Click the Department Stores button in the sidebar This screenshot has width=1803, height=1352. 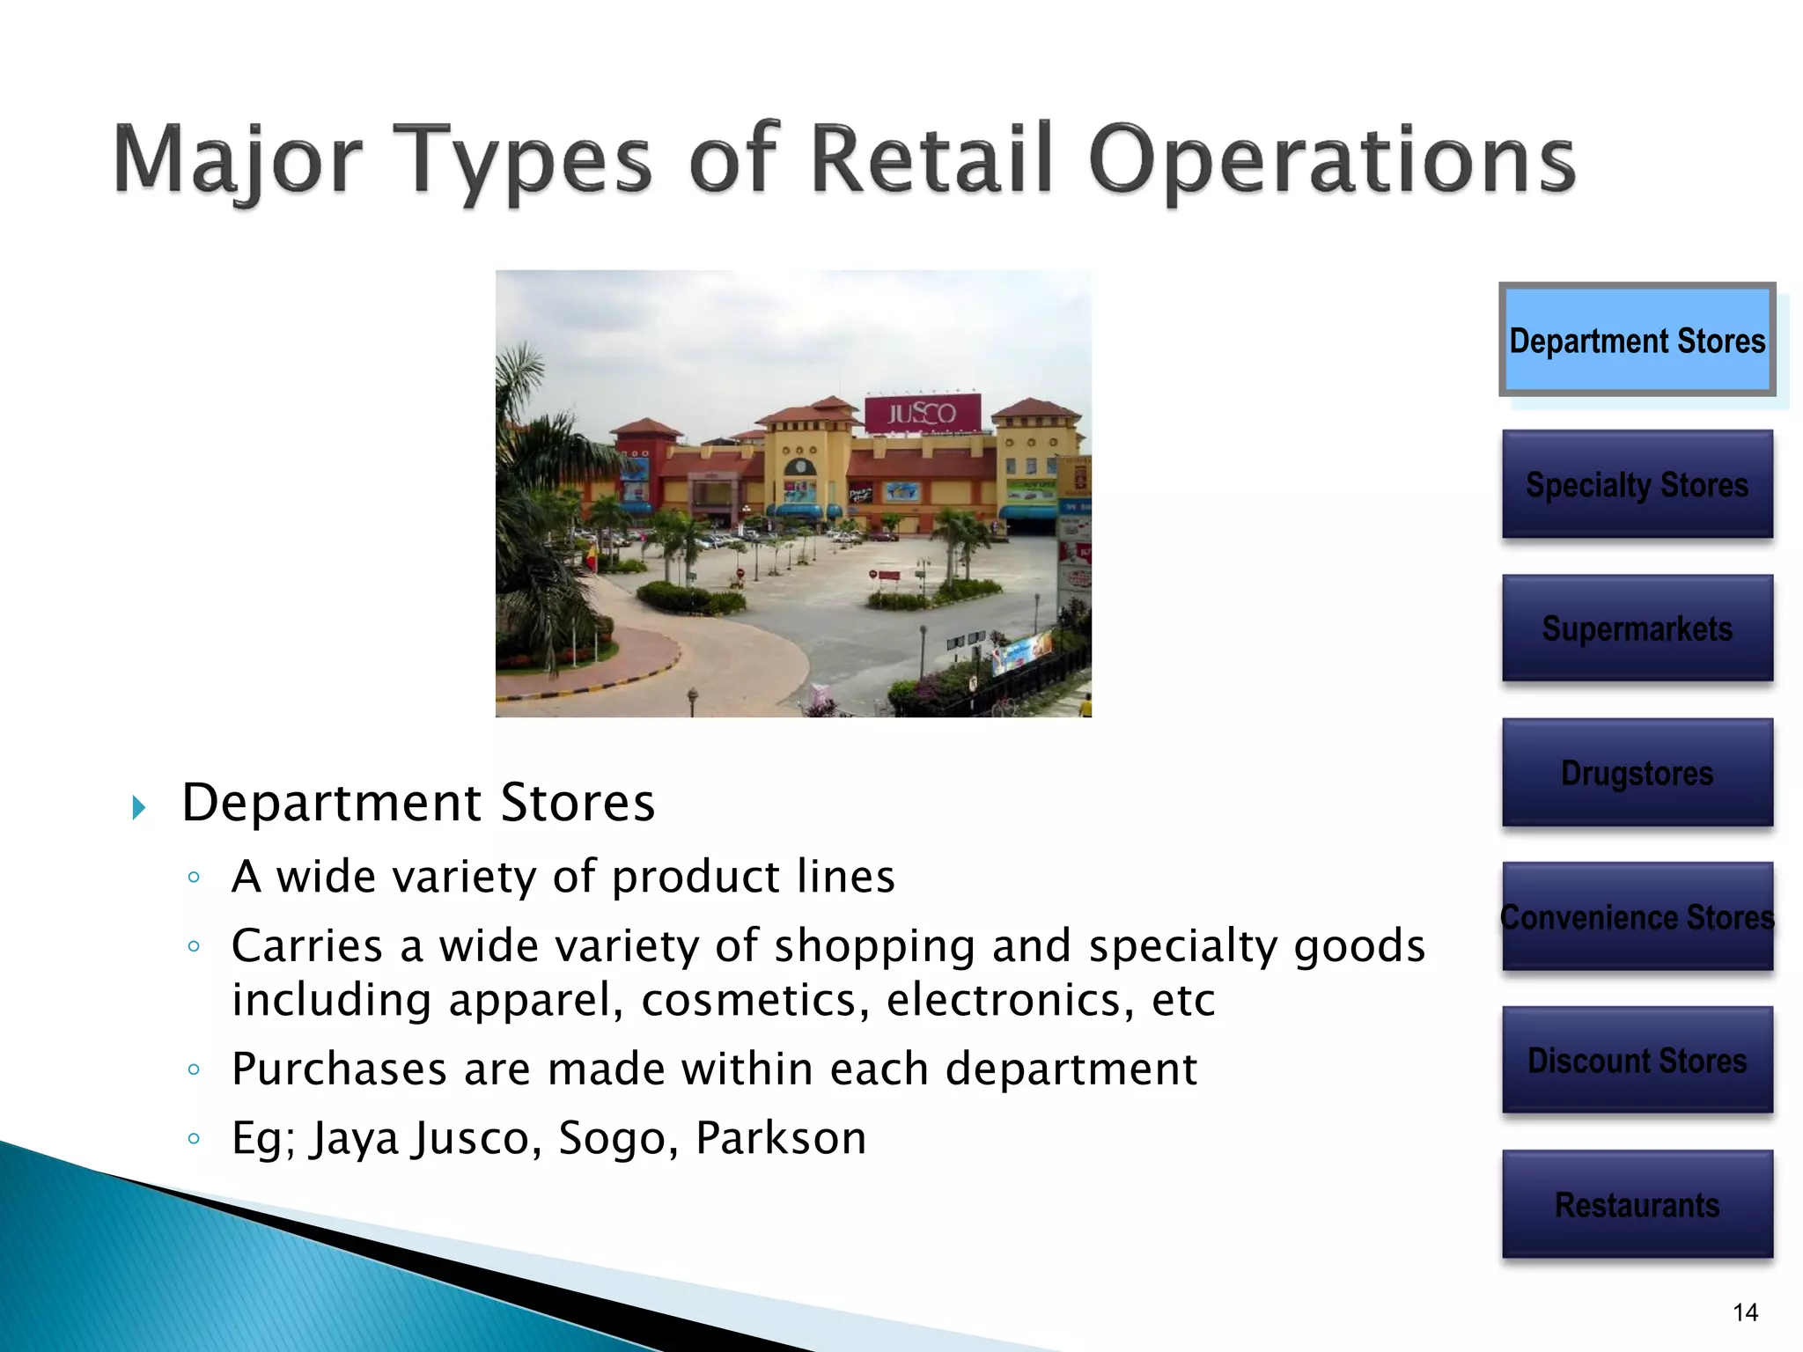pos(1637,340)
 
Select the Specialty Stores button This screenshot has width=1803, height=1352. pos(1637,484)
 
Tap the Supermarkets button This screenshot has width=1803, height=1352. pos(1637,628)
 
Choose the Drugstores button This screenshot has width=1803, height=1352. pos(1637,773)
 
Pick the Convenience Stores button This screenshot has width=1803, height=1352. pos(1637,916)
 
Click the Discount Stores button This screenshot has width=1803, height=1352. pos(1637,1061)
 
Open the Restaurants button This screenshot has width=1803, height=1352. pos(1637,1204)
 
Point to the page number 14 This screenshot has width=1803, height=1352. pos(1745,1312)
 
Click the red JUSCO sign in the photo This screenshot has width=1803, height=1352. pos(922,413)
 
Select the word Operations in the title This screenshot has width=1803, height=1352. pos(1330,161)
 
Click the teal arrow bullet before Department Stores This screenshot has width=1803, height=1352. pos(138,807)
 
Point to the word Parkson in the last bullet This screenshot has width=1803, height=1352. pos(781,1137)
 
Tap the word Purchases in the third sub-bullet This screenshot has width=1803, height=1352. pos(340,1069)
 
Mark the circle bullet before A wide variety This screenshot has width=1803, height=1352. pos(194,877)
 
